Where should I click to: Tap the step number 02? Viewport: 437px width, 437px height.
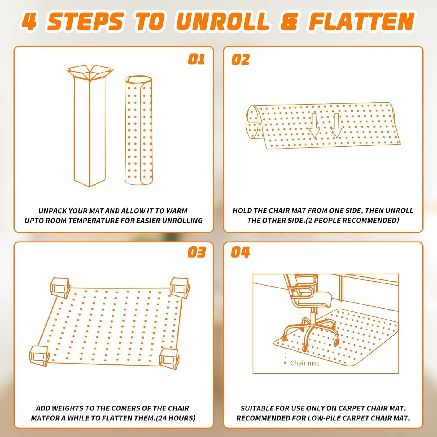pos(240,60)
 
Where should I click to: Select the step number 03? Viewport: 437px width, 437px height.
pos(196,252)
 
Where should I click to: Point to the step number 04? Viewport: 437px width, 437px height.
pos(240,252)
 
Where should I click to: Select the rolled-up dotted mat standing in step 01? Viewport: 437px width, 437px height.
pos(139,130)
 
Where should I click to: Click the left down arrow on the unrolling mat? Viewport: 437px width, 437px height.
pos(314,126)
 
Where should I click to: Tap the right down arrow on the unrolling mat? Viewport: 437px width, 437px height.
pos(336,126)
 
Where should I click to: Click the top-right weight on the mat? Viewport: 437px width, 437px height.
pos(180,288)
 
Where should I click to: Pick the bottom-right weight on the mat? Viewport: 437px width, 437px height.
pos(169,358)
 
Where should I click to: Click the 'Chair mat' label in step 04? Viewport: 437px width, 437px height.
pos(304,363)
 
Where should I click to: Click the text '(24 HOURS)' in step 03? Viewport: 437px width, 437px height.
pos(176,418)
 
